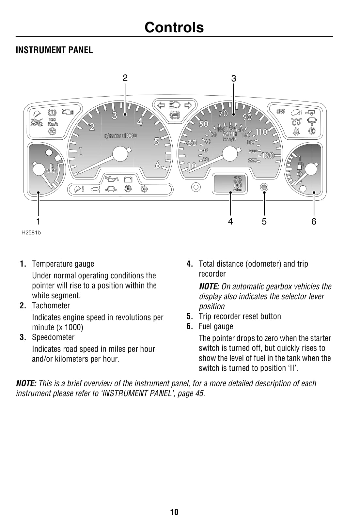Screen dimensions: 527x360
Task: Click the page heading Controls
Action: click(x=174, y=27)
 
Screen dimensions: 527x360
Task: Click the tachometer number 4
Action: click(x=140, y=122)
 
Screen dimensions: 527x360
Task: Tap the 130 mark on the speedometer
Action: click(x=268, y=156)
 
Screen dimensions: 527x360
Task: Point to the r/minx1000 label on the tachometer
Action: click(x=120, y=136)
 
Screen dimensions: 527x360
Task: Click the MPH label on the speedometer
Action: click(x=230, y=134)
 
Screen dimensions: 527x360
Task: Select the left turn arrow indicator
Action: click(x=161, y=105)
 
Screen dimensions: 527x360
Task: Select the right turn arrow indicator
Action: click(x=188, y=105)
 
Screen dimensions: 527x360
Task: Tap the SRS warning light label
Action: click(x=281, y=111)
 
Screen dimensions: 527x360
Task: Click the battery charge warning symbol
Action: click(x=128, y=179)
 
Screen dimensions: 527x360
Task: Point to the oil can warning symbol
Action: click(x=111, y=178)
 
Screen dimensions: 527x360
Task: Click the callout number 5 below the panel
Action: click(x=264, y=222)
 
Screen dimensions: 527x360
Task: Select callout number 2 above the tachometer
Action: click(x=125, y=78)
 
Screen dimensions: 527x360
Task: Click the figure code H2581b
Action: click(x=31, y=233)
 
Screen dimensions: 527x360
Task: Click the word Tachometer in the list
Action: click(x=51, y=306)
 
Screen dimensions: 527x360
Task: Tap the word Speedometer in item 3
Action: click(x=53, y=337)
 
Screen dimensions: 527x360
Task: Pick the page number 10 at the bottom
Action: click(x=174, y=512)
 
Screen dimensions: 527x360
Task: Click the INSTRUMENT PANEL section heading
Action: click(x=54, y=50)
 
